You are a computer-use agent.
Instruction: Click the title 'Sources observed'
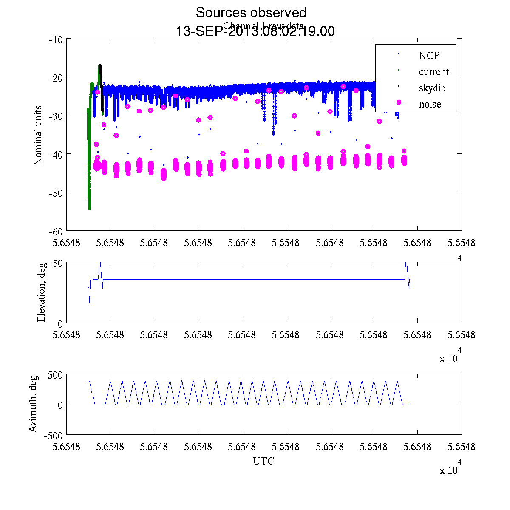pyautogui.click(x=251, y=13)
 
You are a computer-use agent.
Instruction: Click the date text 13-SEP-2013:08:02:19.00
pyautogui.click(x=255, y=31)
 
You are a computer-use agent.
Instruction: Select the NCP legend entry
pyautogui.click(x=429, y=56)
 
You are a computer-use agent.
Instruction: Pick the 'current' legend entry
pyautogui.click(x=433, y=72)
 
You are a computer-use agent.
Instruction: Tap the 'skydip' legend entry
pyautogui.click(x=432, y=88)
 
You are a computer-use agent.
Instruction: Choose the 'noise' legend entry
pyautogui.click(x=430, y=105)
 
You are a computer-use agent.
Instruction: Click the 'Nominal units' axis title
pyautogui.click(x=38, y=135)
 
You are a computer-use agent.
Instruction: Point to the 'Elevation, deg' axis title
pyautogui.click(x=41, y=293)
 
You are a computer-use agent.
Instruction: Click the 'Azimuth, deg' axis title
pyautogui.click(x=33, y=404)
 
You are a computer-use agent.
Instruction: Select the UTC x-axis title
pyautogui.click(x=263, y=461)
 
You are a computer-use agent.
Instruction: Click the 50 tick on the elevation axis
pyautogui.click(x=58, y=263)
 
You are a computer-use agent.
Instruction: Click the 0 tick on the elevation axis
pyautogui.click(x=61, y=324)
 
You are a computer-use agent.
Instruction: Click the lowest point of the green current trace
pyautogui.click(x=89, y=209)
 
